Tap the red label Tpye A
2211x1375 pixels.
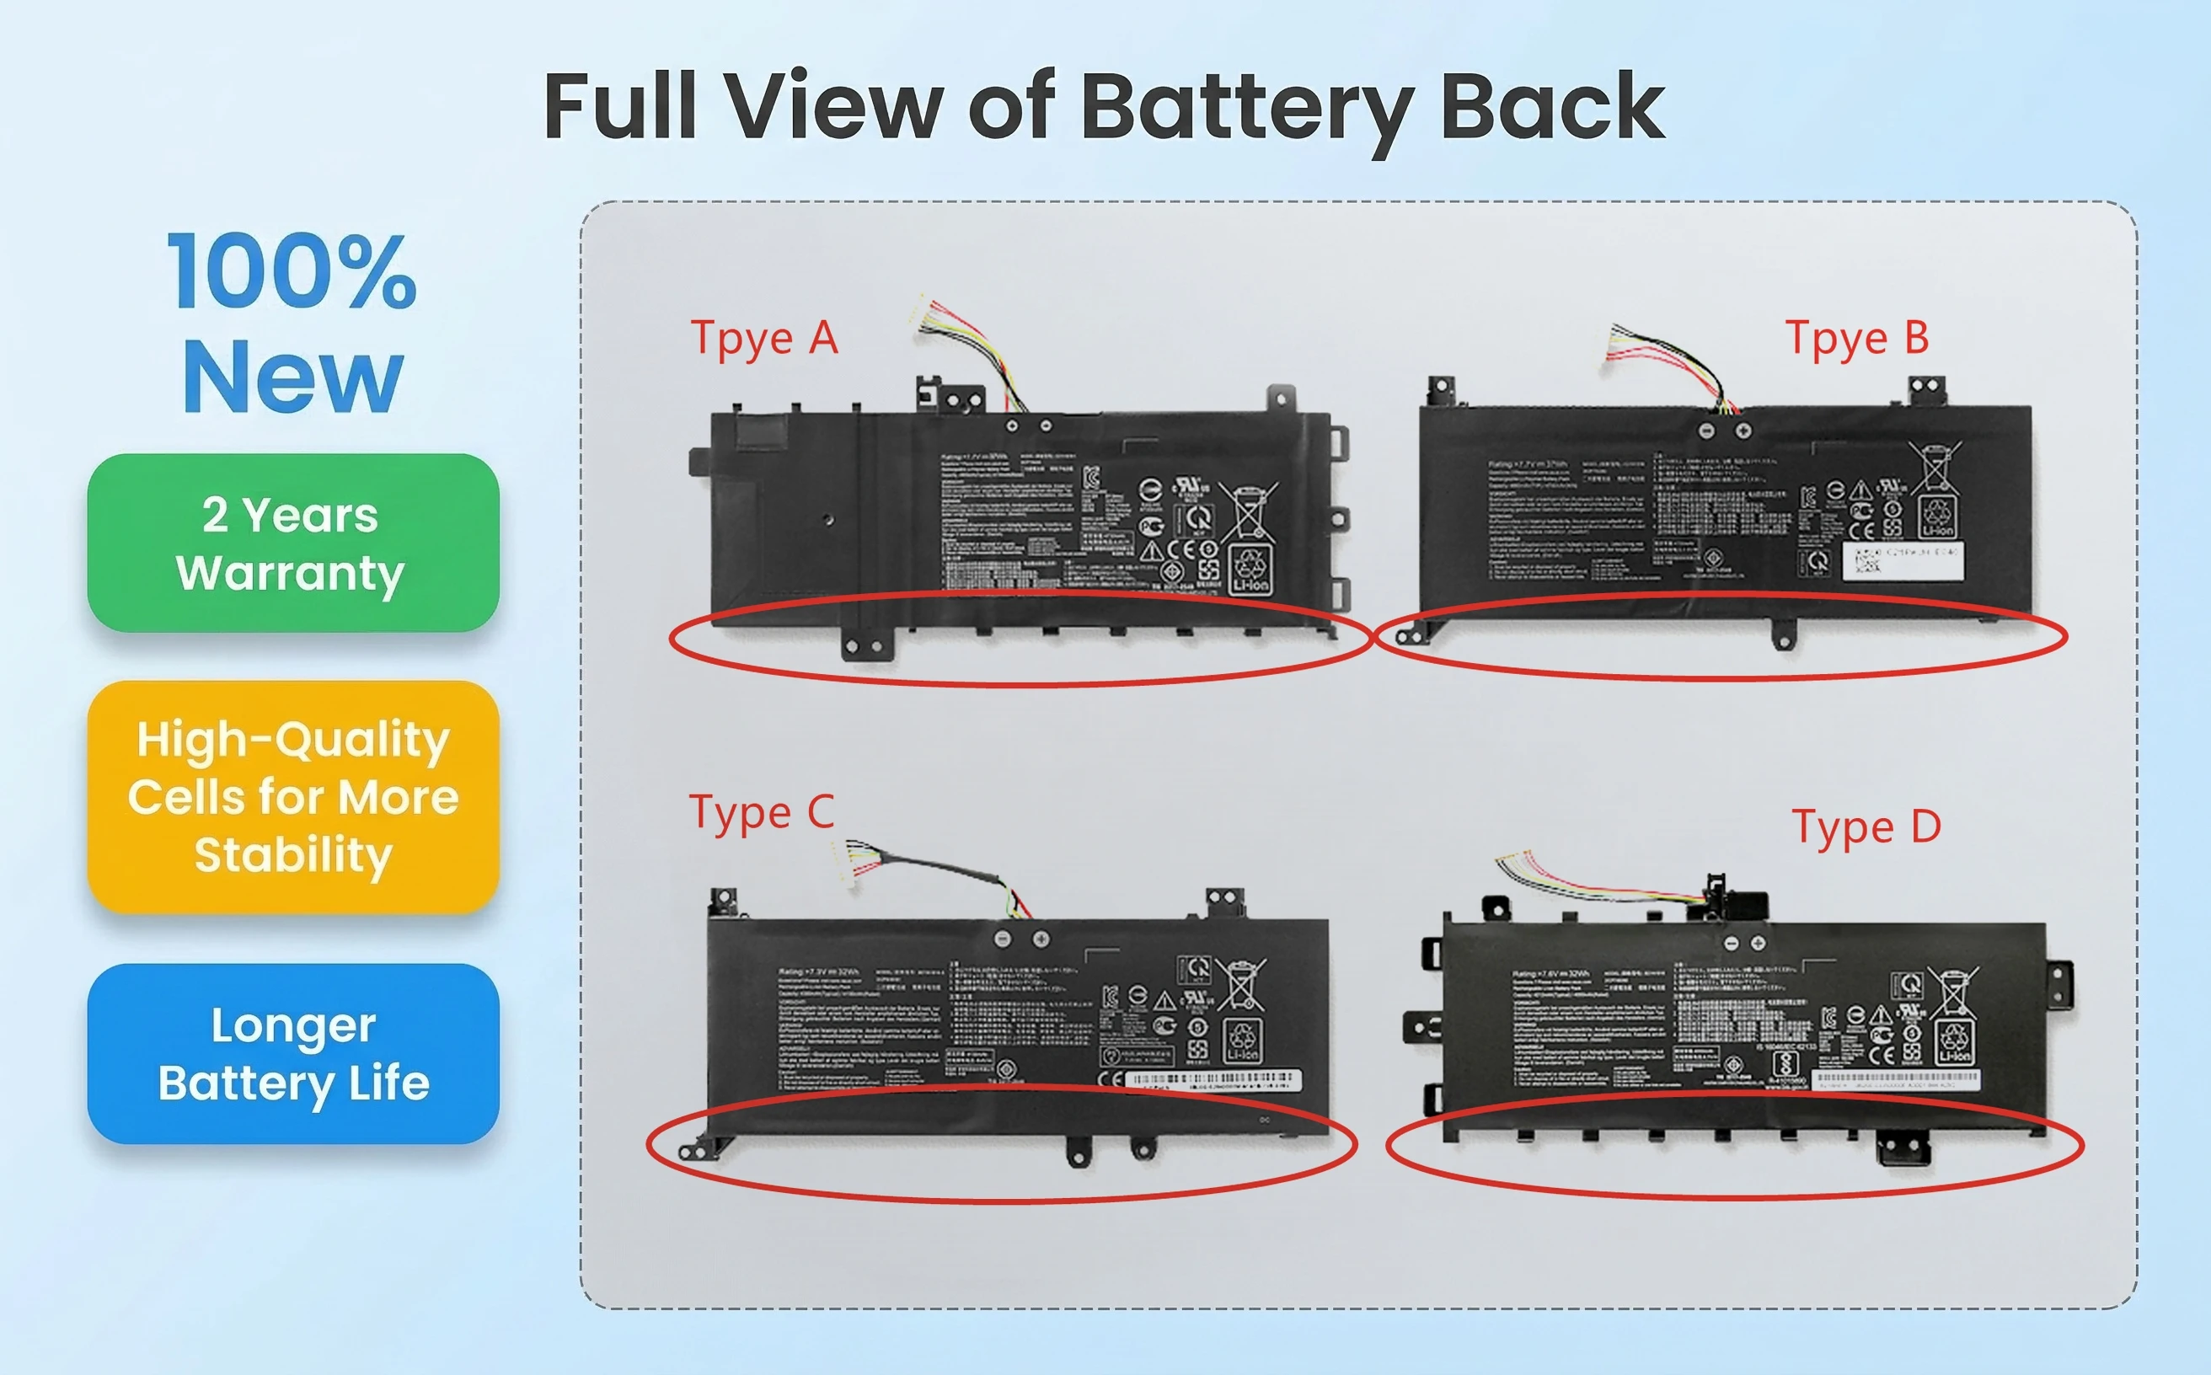tap(764, 340)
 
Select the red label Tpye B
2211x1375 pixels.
tap(1856, 340)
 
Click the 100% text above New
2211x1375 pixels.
tap(292, 271)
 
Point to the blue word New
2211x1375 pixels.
tap(292, 377)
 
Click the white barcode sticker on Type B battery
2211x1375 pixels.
tap(1902, 560)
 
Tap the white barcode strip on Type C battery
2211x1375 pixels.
tap(1215, 1078)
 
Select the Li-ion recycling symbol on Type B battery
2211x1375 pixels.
tap(1936, 516)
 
